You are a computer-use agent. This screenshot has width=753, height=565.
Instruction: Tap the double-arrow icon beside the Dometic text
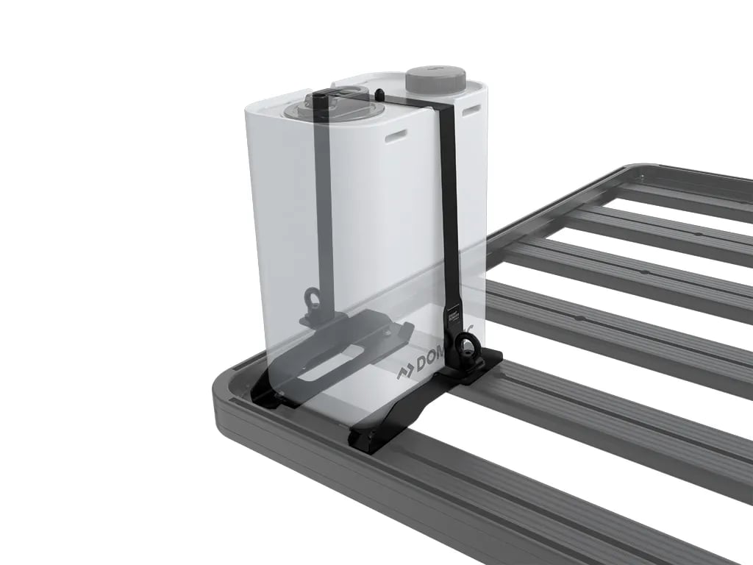(x=405, y=372)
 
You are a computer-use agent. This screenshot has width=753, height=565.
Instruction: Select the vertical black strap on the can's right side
(x=446, y=206)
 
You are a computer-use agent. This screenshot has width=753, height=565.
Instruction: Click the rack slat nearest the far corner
(x=662, y=193)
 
